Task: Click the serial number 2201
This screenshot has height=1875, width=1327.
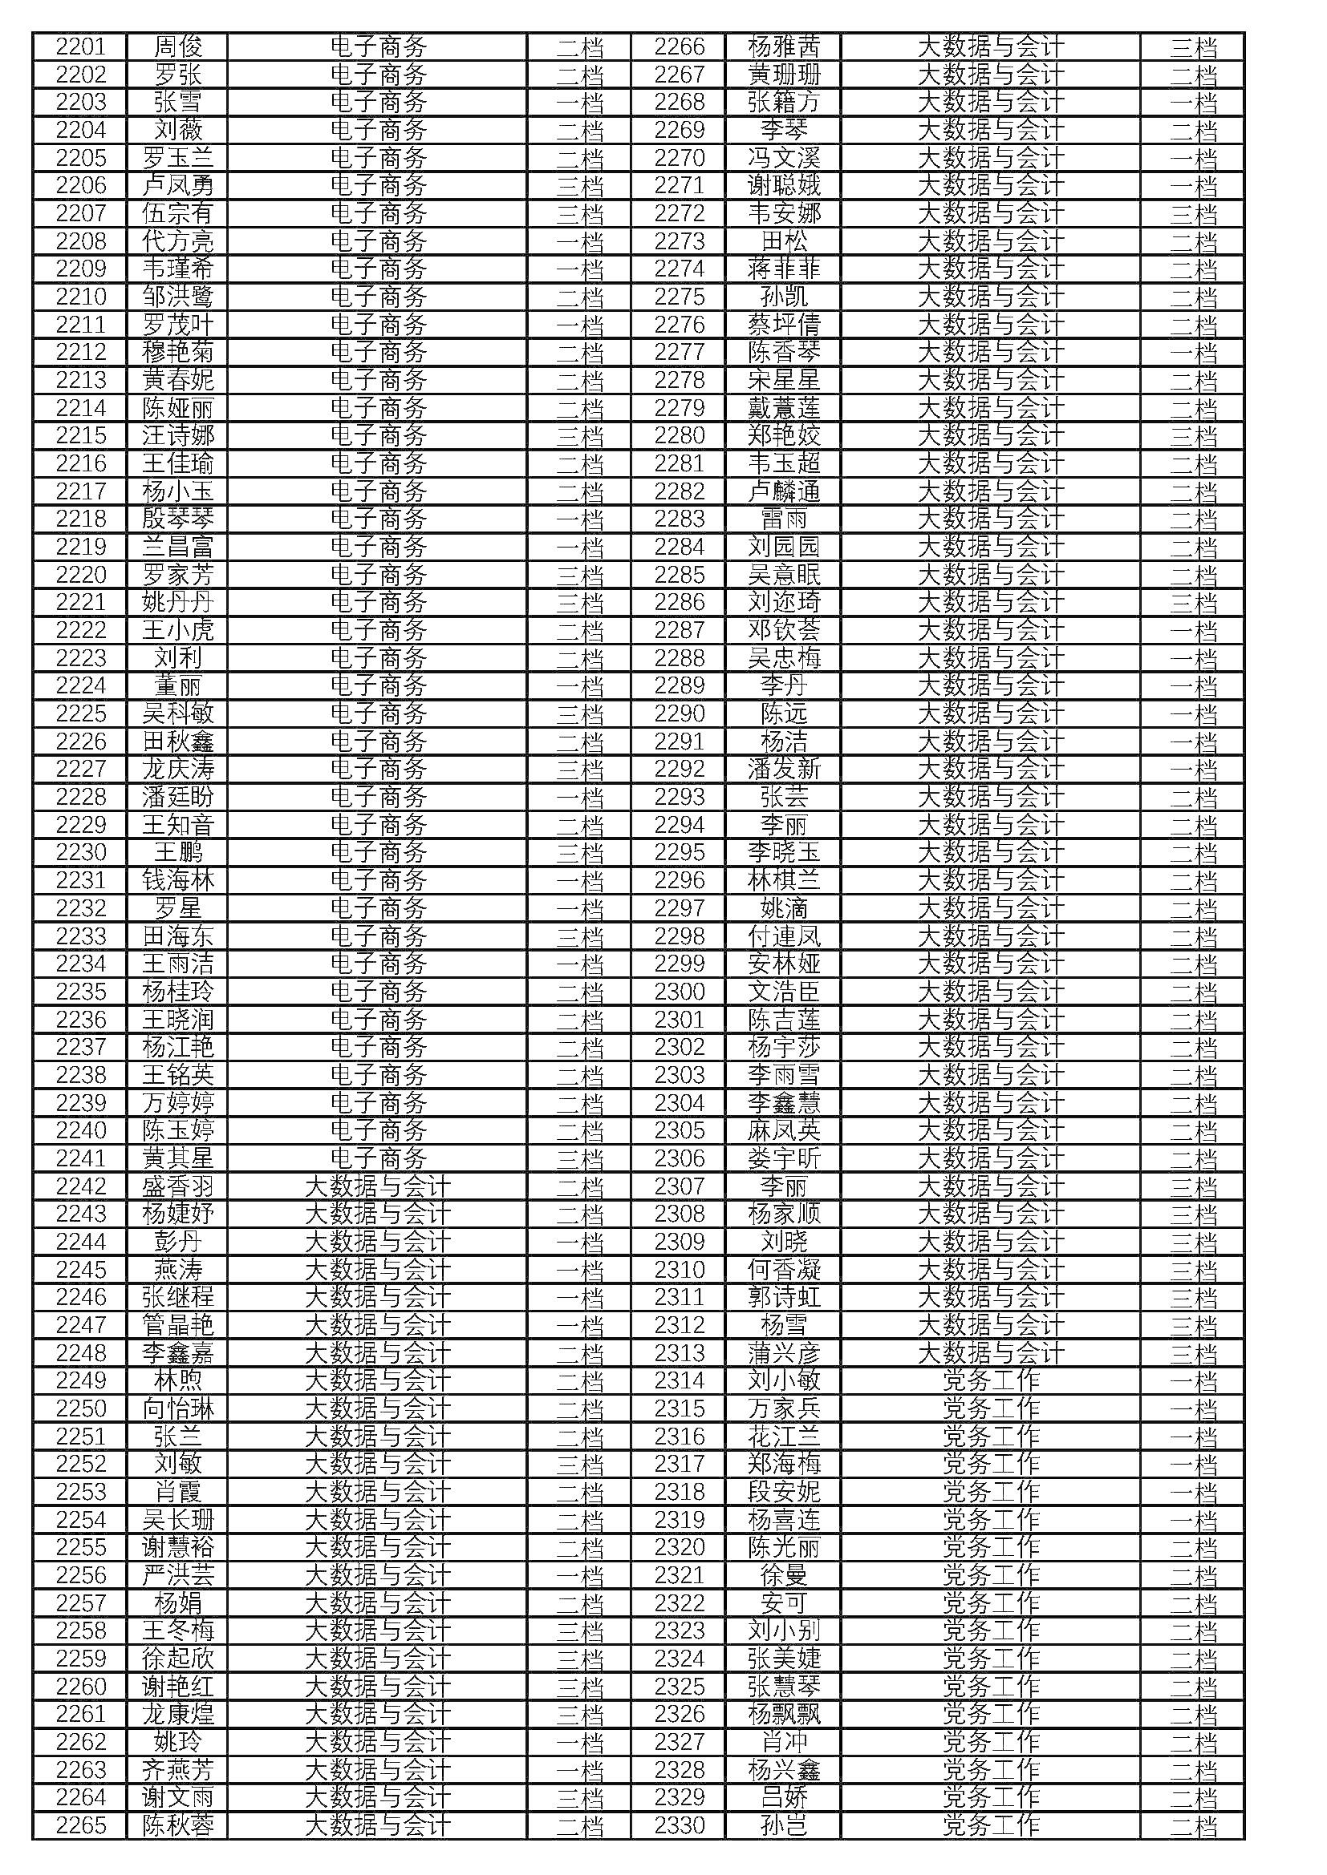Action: click(x=81, y=46)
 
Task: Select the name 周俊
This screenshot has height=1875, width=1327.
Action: click(x=178, y=46)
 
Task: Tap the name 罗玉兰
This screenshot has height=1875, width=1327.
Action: click(x=178, y=158)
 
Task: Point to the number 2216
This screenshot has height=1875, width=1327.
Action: click(x=81, y=463)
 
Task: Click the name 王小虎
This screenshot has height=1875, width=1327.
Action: click(x=178, y=629)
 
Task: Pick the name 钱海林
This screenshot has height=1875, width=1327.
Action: click(x=178, y=880)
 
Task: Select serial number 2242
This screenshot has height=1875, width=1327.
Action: click(x=81, y=1186)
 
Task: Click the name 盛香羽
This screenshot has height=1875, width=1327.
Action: click(x=178, y=1186)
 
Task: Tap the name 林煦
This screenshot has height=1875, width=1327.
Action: click(x=178, y=1380)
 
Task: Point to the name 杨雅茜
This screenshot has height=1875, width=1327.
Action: click(x=784, y=46)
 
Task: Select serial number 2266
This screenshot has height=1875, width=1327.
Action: click(x=679, y=46)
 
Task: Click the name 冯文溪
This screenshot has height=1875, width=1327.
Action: click(x=784, y=158)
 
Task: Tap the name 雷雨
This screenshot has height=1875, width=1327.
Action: click(x=784, y=519)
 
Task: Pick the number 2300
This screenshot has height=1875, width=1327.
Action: click(x=679, y=992)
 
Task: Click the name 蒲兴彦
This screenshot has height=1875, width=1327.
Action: click(x=784, y=1352)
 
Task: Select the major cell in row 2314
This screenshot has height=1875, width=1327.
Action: click(x=990, y=1380)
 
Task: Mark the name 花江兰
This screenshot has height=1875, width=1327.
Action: click(x=784, y=1436)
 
